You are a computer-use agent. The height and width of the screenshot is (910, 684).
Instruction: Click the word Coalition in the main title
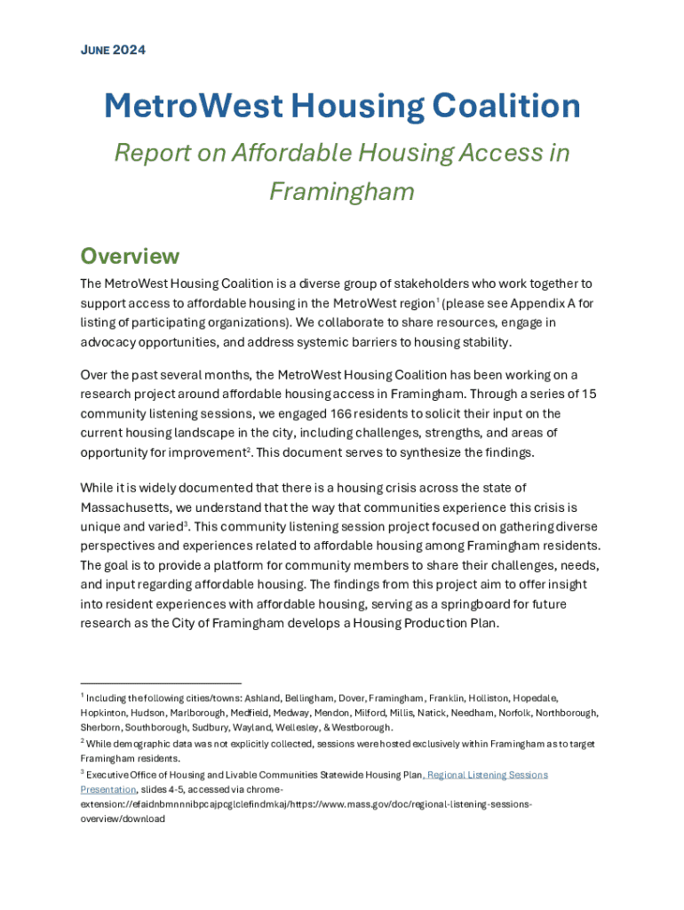point(505,107)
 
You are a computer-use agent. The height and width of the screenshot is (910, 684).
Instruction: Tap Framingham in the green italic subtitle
point(342,191)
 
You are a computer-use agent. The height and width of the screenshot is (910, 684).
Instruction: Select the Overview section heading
point(130,257)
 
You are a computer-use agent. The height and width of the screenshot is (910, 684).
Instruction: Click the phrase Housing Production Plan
point(426,623)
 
